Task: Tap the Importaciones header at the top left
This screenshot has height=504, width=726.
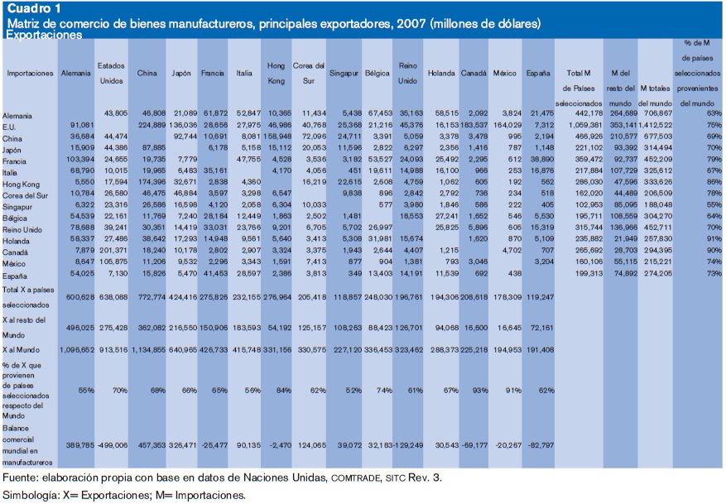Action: [x=30, y=74]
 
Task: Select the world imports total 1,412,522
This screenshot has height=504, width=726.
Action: [x=656, y=123]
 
